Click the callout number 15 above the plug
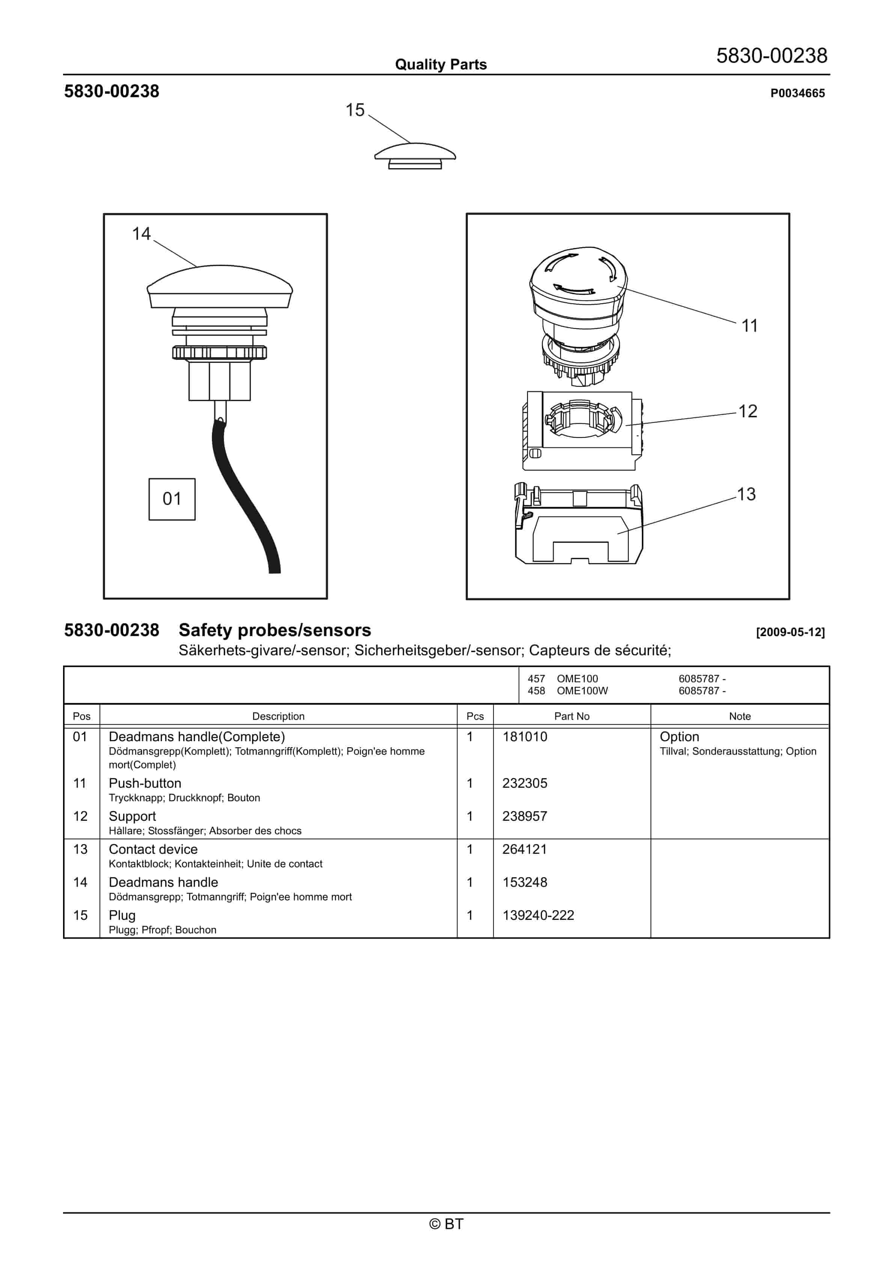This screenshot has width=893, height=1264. point(355,110)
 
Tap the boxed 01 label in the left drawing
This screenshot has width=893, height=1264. point(172,499)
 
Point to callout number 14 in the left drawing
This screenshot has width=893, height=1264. point(141,234)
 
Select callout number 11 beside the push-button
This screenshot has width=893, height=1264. point(749,326)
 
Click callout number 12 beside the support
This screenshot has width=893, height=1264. point(747,411)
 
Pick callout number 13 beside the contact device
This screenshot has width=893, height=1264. point(746,494)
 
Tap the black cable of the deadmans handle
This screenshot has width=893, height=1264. point(242,495)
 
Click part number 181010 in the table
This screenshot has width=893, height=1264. point(525,737)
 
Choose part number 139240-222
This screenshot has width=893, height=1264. point(538,915)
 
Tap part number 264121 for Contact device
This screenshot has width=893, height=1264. point(525,849)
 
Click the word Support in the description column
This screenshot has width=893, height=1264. point(132,816)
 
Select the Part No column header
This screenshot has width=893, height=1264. point(571,716)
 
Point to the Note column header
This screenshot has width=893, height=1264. point(740,716)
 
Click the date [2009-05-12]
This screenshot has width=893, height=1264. point(790,632)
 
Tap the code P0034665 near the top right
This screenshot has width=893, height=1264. point(797,93)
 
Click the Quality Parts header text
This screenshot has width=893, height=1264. point(440,65)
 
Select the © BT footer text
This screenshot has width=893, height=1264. point(446,1224)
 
